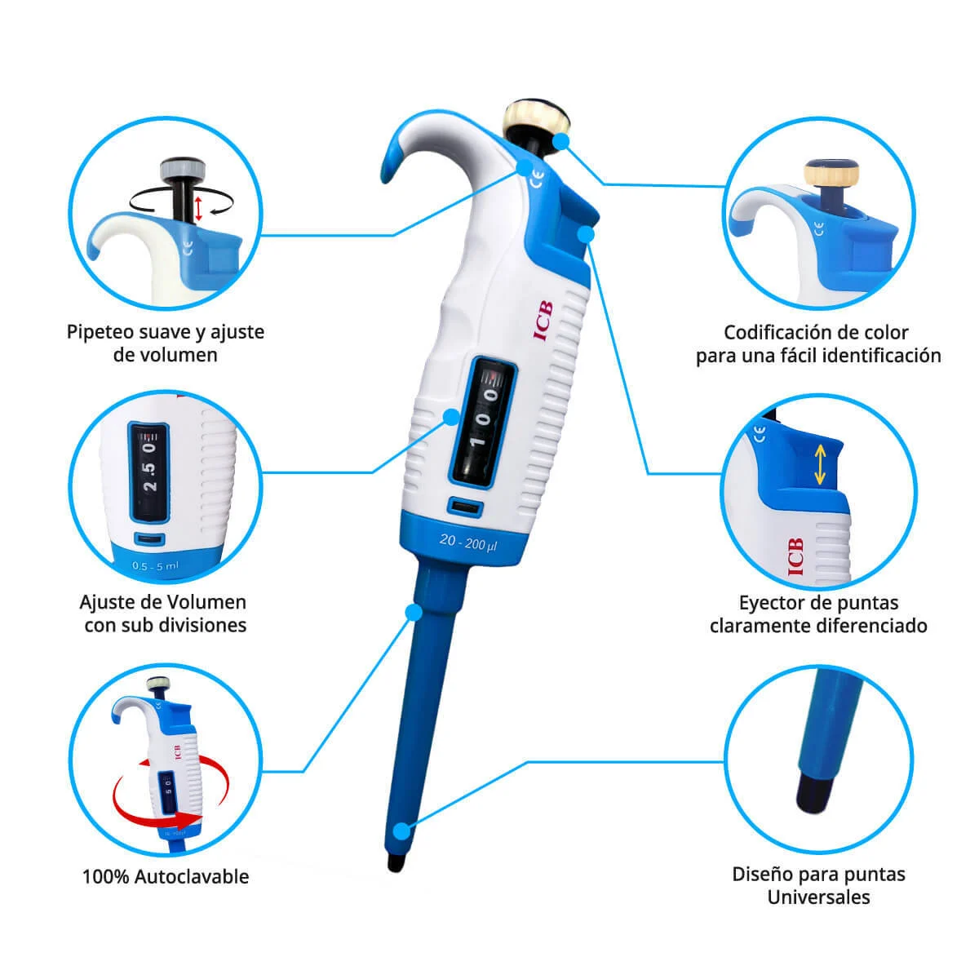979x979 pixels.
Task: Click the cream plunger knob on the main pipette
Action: (535, 118)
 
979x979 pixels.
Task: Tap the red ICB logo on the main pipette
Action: (543, 321)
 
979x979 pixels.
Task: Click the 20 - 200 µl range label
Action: (468, 542)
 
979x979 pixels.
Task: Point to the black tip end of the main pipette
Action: (396, 862)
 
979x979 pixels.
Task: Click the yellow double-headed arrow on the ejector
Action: (819, 465)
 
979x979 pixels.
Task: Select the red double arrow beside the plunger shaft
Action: (198, 208)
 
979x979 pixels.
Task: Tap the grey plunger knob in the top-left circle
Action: (183, 169)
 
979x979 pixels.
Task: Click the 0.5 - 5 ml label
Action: (156, 565)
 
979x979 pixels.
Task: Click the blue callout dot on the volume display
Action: (451, 417)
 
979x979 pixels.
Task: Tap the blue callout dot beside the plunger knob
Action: (560, 142)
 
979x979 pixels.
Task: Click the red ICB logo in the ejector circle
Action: (795, 556)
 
